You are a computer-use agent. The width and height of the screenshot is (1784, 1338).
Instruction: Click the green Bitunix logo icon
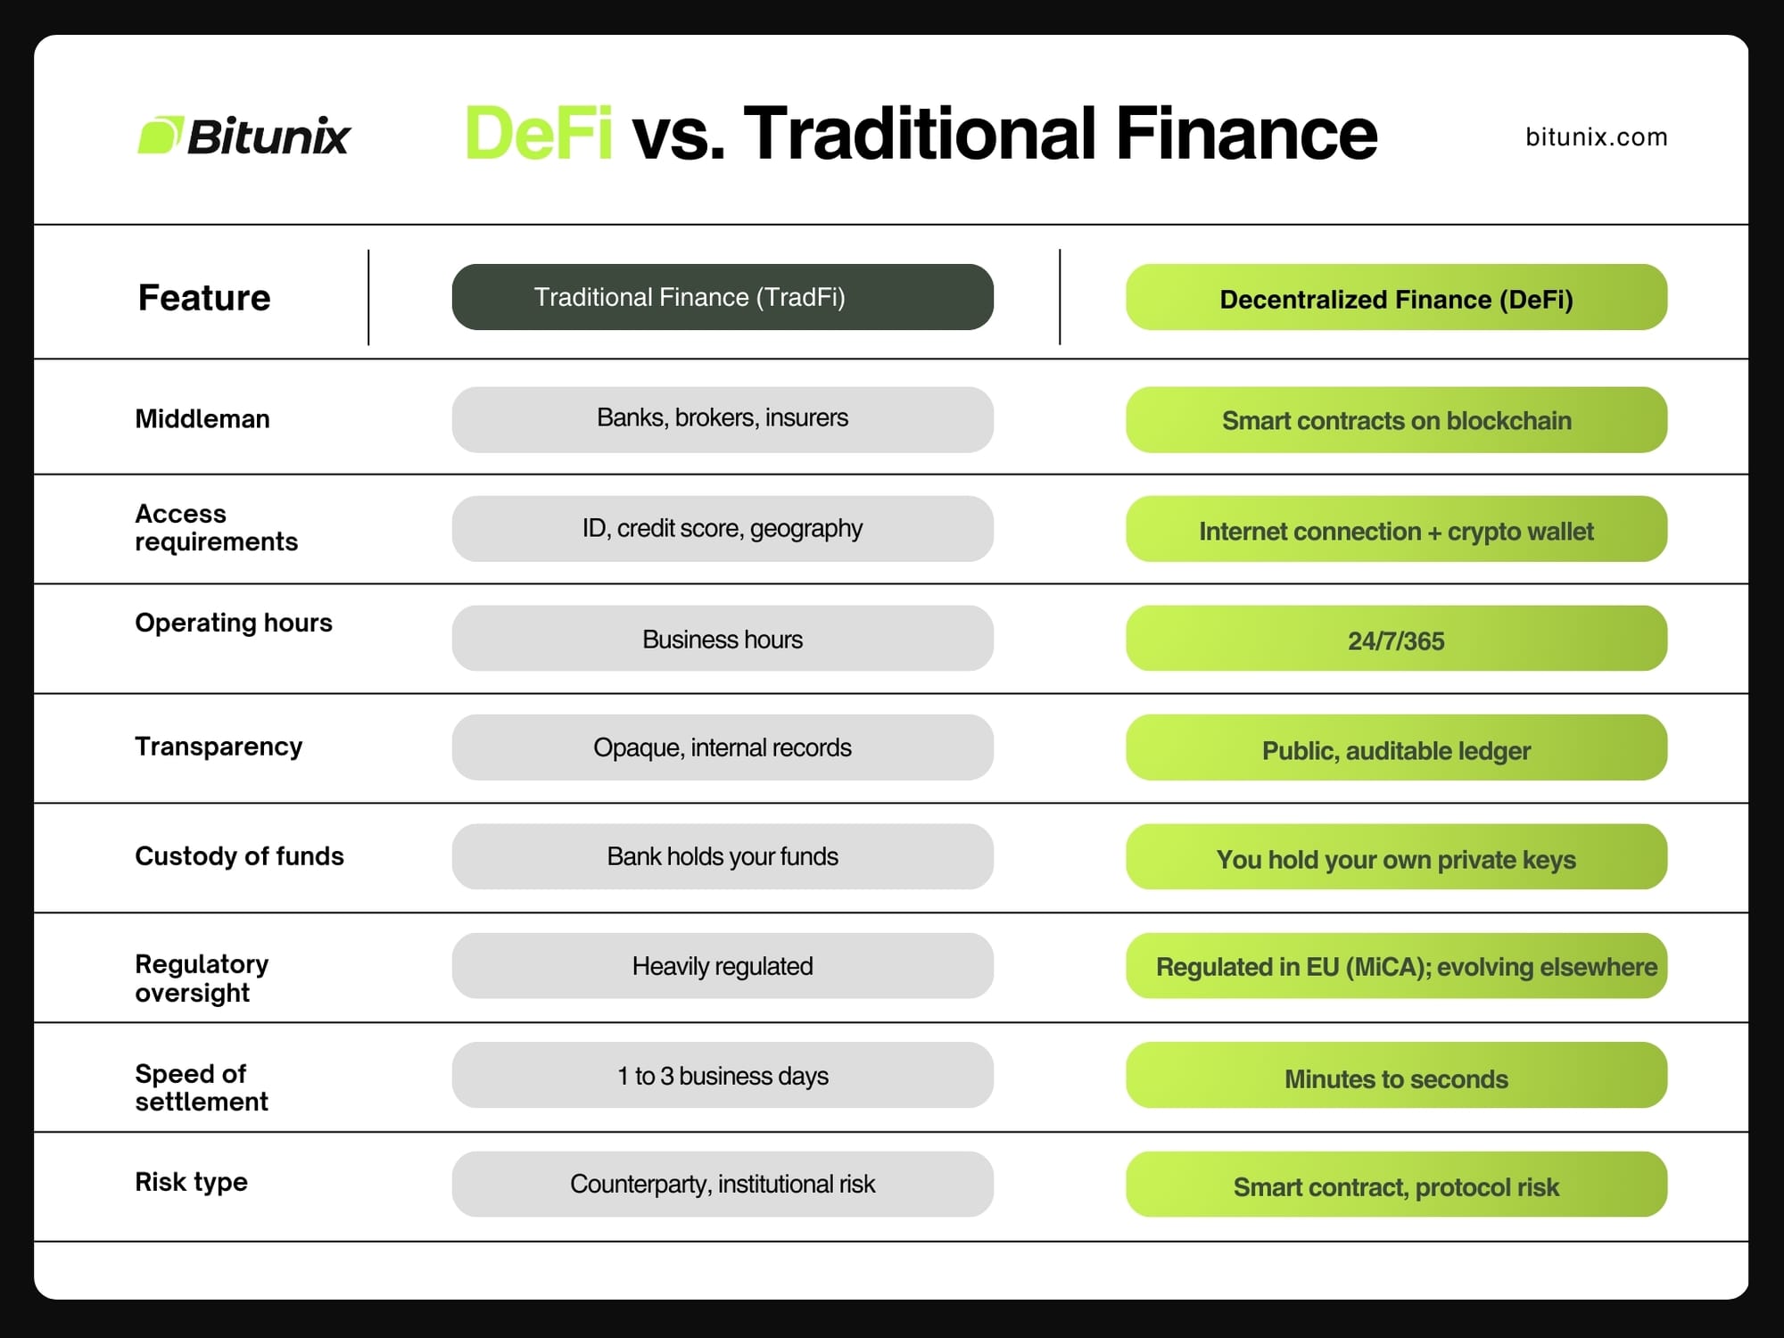pyautogui.click(x=161, y=135)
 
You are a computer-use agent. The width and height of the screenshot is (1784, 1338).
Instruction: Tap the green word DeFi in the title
pyautogui.click(x=539, y=133)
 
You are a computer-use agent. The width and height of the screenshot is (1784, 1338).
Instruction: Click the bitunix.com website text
pyautogui.click(x=1596, y=136)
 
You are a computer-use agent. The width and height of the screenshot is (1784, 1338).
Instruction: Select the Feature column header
pyautogui.click(x=204, y=297)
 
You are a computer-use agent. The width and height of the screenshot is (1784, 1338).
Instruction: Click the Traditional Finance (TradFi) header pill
pyautogui.click(x=723, y=297)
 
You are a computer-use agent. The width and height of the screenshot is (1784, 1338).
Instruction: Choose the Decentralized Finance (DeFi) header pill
pyautogui.click(x=1396, y=297)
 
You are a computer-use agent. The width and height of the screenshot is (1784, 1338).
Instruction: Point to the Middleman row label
pyautogui.click(x=202, y=418)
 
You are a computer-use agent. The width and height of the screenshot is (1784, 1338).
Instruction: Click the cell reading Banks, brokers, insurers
pyautogui.click(x=723, y=419)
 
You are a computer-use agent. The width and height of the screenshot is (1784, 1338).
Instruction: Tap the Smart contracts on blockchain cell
pyautogui.click(x=1396, y=419)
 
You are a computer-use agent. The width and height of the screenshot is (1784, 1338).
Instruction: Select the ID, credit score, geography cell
pyautogui.click(x=723, y=529)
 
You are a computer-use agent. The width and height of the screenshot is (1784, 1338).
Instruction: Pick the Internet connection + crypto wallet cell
pyautogui.click(x=1396, y=529)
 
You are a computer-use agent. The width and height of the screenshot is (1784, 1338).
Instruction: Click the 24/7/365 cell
pyautogui.click(x=1396, y=639)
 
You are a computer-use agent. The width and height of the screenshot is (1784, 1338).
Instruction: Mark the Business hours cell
pyautogui.click(x=723, y=639)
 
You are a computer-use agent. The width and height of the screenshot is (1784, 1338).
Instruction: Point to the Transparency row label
pyautogui.click(x=219, y=747)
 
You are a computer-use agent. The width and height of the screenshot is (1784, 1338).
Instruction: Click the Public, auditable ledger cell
pyautogui.click(x=1396, y=747)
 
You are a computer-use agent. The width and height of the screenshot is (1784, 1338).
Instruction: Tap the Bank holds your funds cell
pyautogui.click(x=723, y=856)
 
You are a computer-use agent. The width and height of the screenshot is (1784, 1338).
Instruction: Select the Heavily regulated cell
pyautogui.click(x=723, y=966)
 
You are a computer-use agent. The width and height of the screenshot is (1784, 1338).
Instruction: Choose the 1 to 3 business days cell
pyautogui.click(x=723, y=1075)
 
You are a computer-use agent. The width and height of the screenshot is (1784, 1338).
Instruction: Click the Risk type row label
pyautogui.click(x=191, y=1182)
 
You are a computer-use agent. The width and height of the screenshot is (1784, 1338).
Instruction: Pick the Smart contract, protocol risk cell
pyautogui.click(x=1396, y=1185)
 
